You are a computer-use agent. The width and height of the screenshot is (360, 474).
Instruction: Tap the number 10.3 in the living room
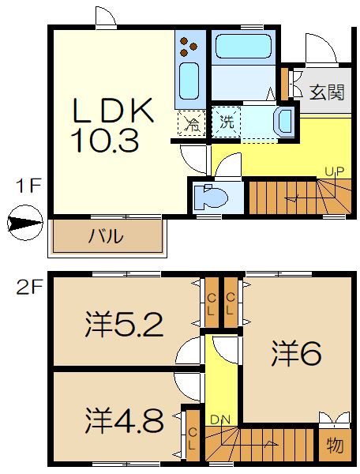104,141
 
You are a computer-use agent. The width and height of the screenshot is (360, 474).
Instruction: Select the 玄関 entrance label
326,92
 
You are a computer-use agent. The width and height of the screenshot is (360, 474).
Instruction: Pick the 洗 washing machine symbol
227,122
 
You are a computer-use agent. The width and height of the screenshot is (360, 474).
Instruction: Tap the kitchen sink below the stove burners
189,81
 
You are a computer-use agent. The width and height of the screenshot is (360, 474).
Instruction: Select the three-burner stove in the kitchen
189,46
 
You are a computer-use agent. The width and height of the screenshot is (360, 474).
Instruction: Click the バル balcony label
104,236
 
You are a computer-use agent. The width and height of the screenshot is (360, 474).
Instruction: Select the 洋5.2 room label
124,324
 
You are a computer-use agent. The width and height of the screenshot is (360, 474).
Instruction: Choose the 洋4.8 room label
124,416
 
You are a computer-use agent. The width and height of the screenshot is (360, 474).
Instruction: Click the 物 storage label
335,445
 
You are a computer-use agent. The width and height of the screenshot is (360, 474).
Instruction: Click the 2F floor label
28,286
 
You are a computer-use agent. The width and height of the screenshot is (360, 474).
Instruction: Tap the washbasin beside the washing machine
283,122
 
